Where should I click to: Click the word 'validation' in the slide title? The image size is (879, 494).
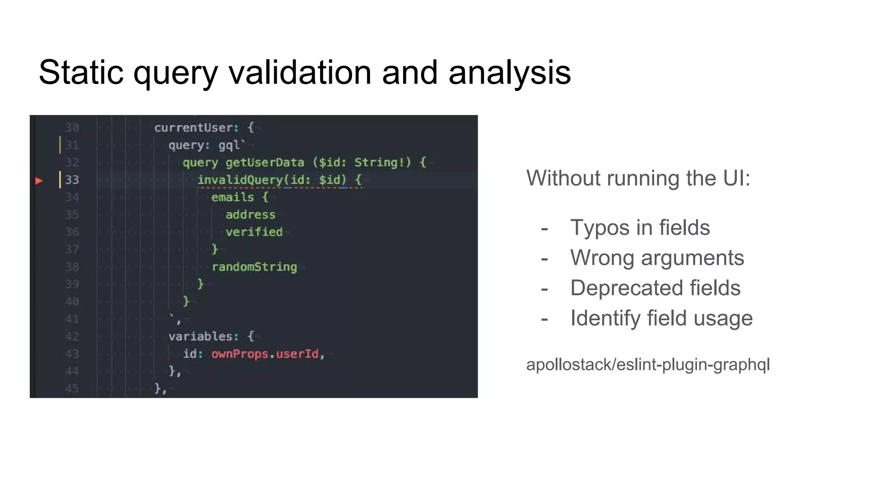pyautogui.click(x=300, y=72)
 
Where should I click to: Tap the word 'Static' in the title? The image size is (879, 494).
pyautogui.click(x=81, y=72)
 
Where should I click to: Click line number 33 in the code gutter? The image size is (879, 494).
pyautogui.click(x=72, y=180)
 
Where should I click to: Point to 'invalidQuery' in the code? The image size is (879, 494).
pyautogui.click(x=240, y=180)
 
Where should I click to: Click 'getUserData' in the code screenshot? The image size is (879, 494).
pyautogui.click(x=264, y=163)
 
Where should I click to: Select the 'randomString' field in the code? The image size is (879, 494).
pyautogui.click(x=254, y=267)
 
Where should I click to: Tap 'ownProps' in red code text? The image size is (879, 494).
pyautogui.click(x=240, y=354)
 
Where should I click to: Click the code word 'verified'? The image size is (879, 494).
pyautogui.click(x=254, y=232)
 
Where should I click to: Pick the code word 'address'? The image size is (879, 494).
pyautogui.click(x=250, y=214)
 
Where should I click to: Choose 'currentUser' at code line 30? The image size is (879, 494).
pyautogui.click(x=193, y=128)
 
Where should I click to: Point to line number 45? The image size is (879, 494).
pyautogui.click(x=72, y=389)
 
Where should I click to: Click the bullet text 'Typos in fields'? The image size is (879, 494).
pyautogui.click(x=640, y=227)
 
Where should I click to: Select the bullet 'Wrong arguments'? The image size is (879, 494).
pyautogui.click(x=657, y=258)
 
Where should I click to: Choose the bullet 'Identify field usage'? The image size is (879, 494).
pyautogui.click(x=661, y=318)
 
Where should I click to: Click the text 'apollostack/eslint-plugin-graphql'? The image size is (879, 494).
pyautogui.click(x=648, y=364)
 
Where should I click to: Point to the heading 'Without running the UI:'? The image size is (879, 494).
pyautogui.click(x=638, y=178)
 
